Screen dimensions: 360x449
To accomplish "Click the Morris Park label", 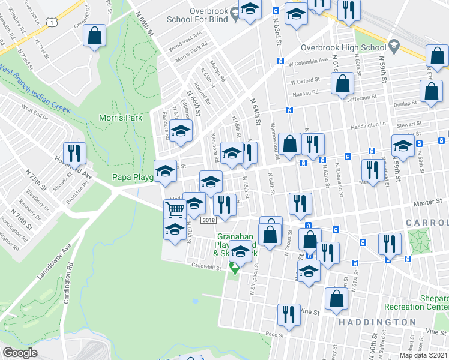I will (121, 118).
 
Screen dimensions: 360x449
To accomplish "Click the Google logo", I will (20, 353).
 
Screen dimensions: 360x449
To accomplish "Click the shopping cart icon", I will (175, 210).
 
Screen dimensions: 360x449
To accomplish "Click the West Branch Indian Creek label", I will (35, 88).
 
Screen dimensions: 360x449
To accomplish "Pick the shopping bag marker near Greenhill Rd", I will (94, 36).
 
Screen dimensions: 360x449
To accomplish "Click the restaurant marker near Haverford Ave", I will (74, 153).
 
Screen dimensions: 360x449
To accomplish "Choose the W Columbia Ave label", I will (309, 62).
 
